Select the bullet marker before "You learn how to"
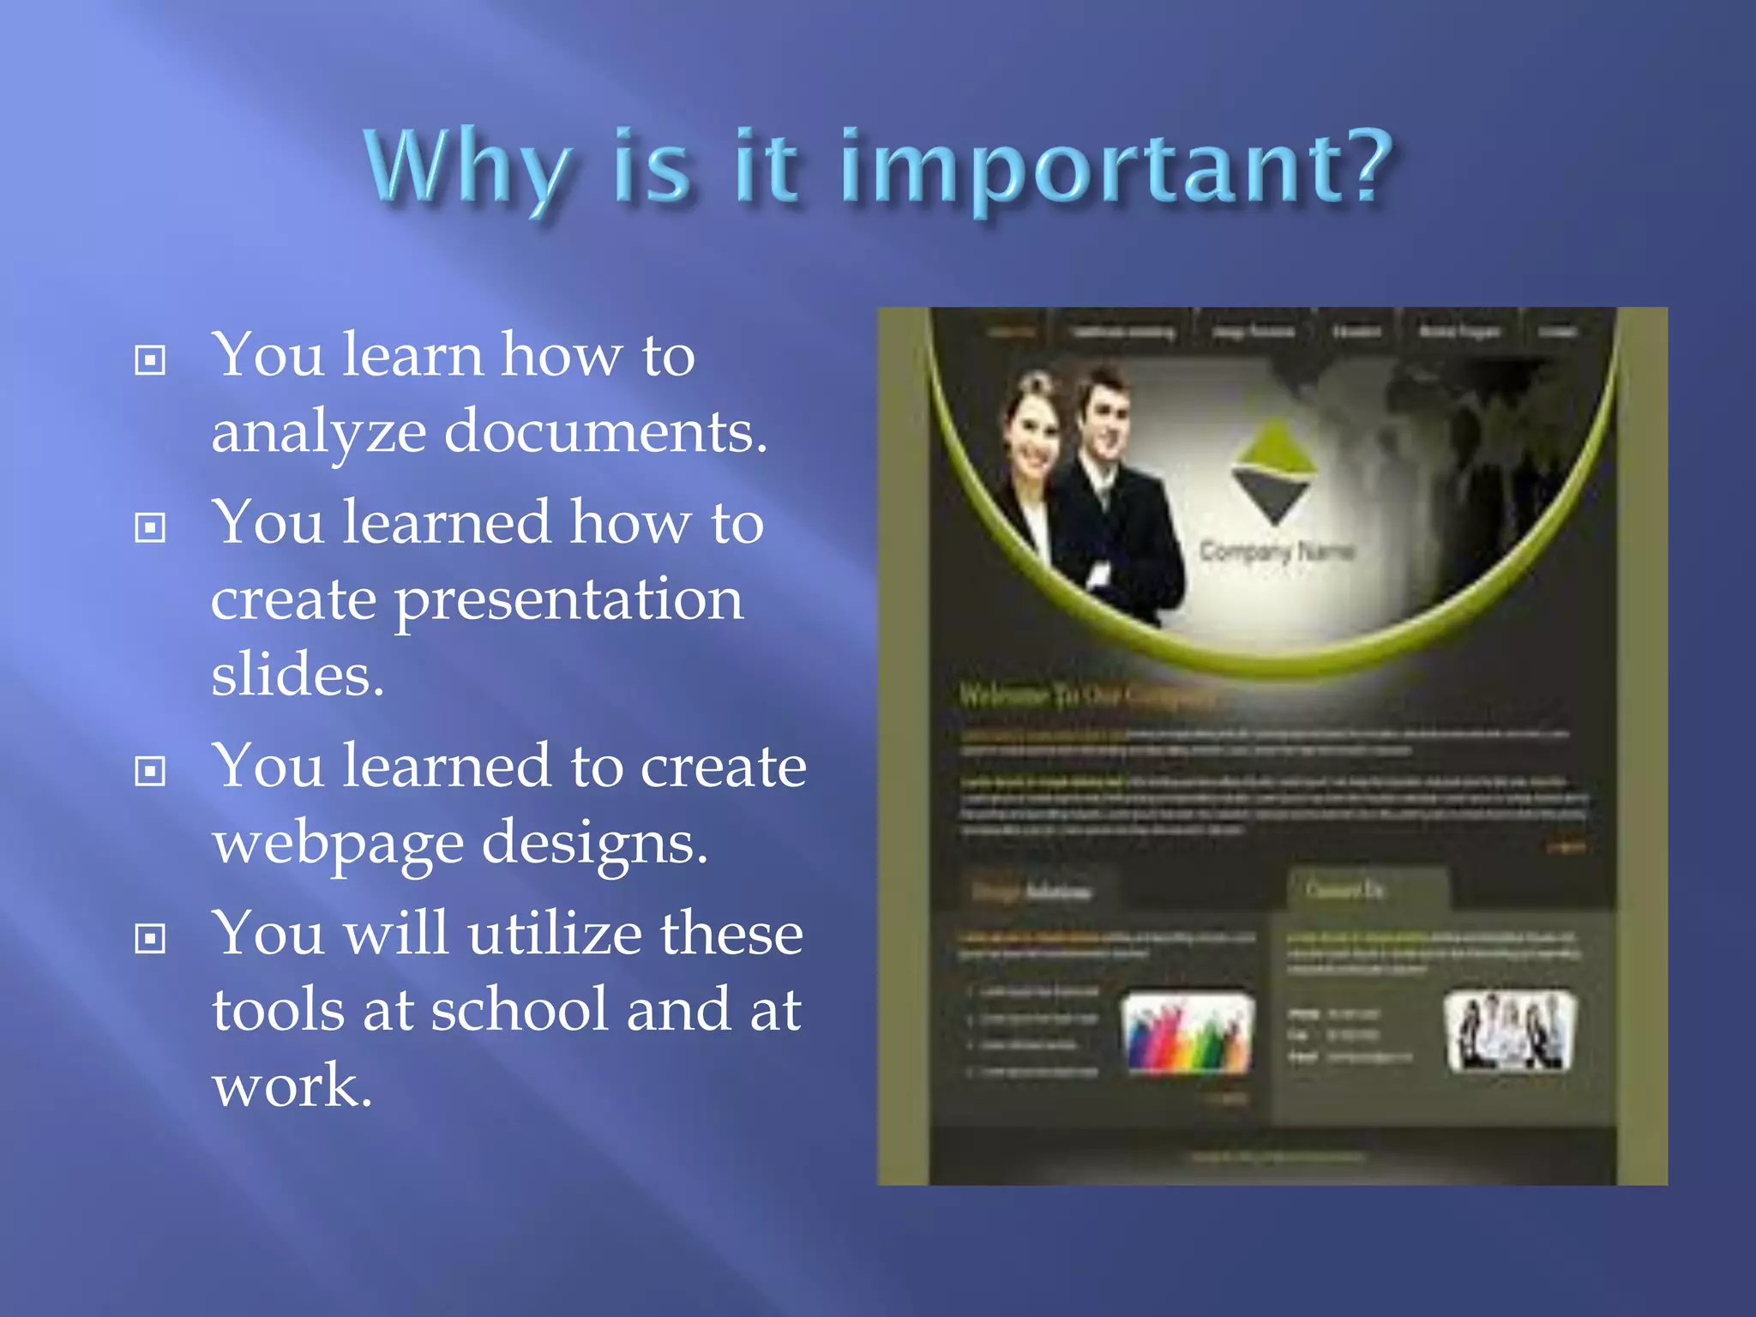coord(150,359)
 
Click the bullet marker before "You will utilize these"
coord(150,938)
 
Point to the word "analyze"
coord(318,432)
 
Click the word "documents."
coord(605,430)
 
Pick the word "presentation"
coord(568,600)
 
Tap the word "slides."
coord(298,674)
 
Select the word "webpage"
coord(338,844)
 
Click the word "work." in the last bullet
coord(292,1085)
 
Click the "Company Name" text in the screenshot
coord(1276,551)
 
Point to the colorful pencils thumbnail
coord(1188,1033)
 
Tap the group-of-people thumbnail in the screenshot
coord(1509,1031)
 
